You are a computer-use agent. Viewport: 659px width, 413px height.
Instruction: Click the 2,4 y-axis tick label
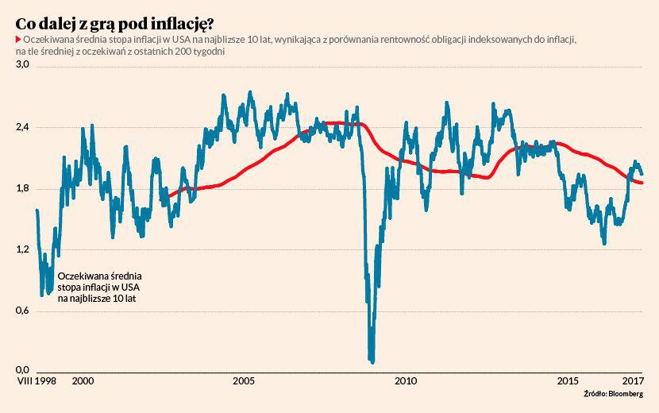click(23, 127)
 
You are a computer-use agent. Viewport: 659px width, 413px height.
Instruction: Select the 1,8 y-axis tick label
click(23, 188)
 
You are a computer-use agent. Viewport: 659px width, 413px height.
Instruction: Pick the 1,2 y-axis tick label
click(23, 249)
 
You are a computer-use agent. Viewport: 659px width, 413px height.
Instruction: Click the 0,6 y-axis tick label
click(23, 311)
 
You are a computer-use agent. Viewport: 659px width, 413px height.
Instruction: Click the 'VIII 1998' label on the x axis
click(37, 381)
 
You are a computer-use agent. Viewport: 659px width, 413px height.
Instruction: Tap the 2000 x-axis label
click(83, 381)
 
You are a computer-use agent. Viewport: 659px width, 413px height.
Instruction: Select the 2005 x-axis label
click(244, 381)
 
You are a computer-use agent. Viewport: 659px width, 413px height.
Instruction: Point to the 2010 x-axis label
click(406, 381)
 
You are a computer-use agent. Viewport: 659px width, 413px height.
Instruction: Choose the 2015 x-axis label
click(567, 381)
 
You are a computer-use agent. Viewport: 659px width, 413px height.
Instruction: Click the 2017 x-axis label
click(633, 381)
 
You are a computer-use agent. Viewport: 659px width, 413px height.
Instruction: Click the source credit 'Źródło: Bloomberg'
click(613, 394)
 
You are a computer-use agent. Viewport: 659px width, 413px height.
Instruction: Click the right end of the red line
click(642, 183)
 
